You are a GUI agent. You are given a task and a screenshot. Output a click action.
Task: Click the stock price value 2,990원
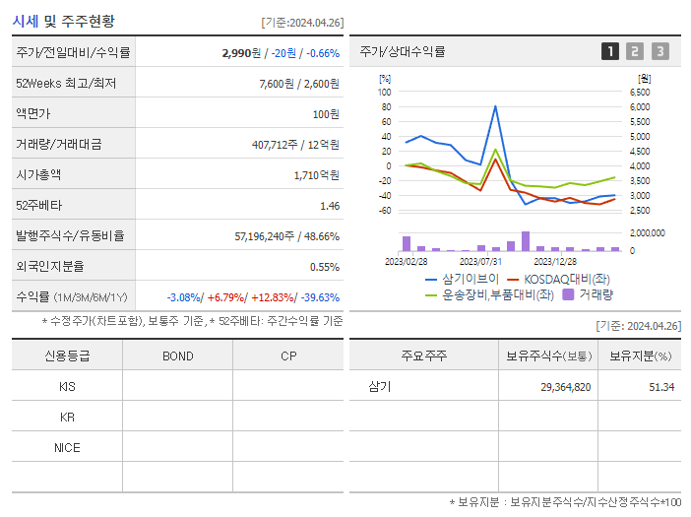coord(242,52)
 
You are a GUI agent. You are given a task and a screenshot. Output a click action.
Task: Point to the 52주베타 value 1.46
coord(329,205)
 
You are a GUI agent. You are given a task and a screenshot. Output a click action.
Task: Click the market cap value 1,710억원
coord(316,174)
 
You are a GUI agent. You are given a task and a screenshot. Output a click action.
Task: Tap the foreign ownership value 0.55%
coord(324,266)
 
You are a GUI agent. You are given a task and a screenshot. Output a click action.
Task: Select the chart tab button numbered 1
coord(610,51)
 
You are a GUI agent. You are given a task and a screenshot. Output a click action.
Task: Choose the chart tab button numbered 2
coord(635,51)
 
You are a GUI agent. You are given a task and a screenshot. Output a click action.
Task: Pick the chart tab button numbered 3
coord(660,51)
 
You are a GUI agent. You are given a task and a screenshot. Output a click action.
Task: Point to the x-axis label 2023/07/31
coord(480,261)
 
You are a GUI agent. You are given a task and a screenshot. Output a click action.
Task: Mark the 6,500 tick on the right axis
coord(637,92)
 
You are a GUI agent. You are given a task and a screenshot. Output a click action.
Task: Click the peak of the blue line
coord(495,106)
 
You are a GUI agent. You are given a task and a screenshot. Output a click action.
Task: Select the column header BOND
coord(177,355)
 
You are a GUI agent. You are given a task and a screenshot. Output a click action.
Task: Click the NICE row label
coord(67,447)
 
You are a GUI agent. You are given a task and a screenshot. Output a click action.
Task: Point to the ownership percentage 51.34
coord(660,387)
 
